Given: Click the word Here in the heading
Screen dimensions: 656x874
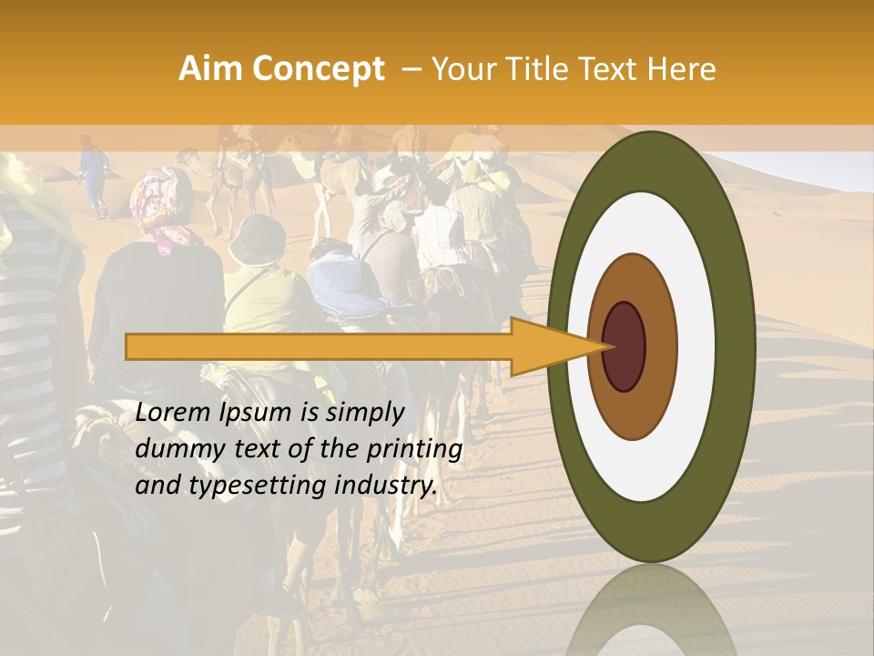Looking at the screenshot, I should coord(682,69).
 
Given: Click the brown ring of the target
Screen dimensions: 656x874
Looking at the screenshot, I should coord(632,410).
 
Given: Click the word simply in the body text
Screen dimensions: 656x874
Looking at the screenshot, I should coord(364,414).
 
